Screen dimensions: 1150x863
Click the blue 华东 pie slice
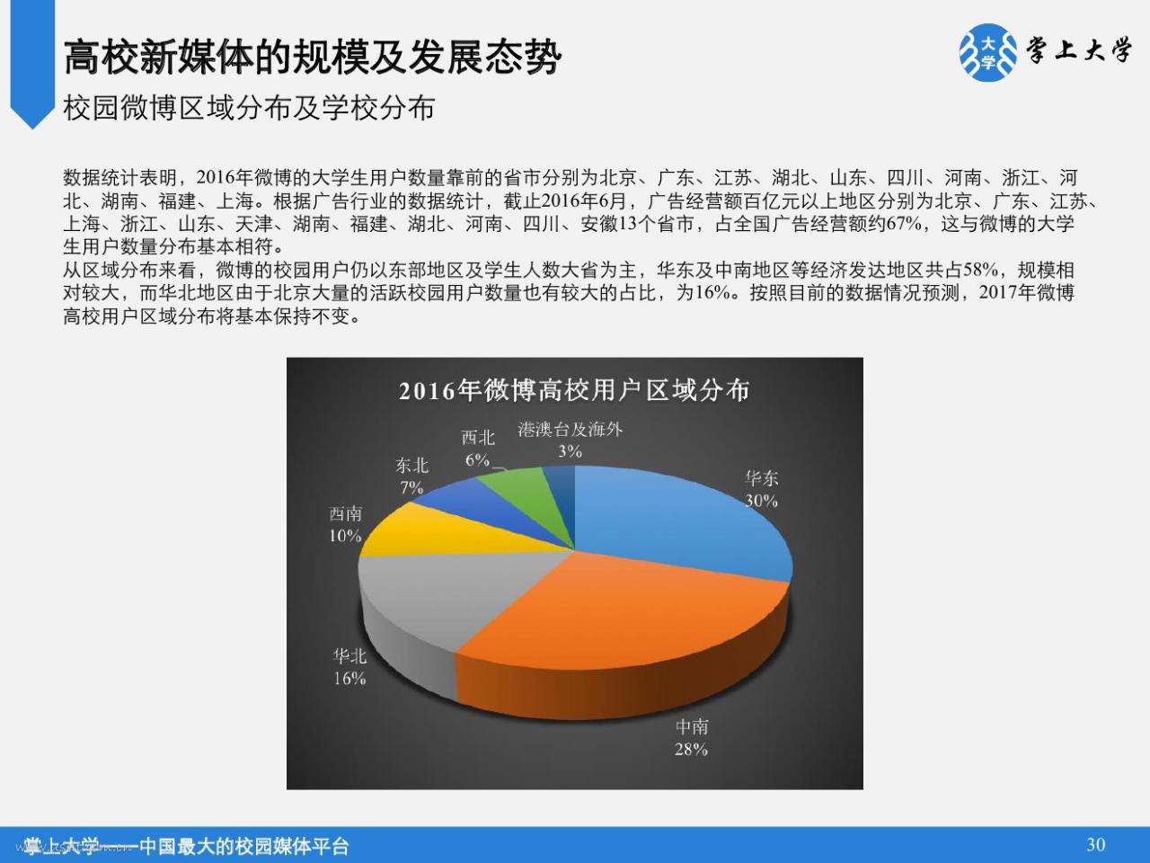click(676, 519)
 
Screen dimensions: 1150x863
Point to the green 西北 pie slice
click(524, 487)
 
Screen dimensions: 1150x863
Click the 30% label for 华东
click(761, 501)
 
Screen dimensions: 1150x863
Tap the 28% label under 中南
click(691, 750)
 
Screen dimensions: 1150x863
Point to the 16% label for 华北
click(349, 679)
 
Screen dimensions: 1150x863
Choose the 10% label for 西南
click(345, 536)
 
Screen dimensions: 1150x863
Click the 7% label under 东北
click(411, 488)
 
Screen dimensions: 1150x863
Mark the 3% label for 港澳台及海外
click(570, 450)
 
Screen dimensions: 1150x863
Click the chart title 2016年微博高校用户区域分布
click(574, 391)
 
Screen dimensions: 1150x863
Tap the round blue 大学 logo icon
click(988, 53)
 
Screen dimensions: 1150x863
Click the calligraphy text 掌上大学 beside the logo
click(1079, 51)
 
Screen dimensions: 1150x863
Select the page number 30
click(1096, 845)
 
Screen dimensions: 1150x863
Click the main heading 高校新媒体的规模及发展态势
click(313, 57)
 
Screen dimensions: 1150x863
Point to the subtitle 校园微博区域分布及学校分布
click(249, 109)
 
